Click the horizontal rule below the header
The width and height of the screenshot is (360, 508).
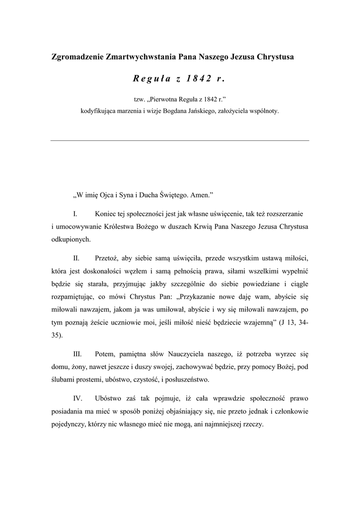click(x=180, y=140)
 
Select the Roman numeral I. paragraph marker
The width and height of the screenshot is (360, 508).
click(x=75, y=214)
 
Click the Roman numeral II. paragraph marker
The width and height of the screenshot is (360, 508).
click(x=76, y=258)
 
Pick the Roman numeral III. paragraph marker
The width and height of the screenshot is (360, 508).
click(x=77, y=354)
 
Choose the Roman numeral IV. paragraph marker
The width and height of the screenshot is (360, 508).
click(x=77, y=398)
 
